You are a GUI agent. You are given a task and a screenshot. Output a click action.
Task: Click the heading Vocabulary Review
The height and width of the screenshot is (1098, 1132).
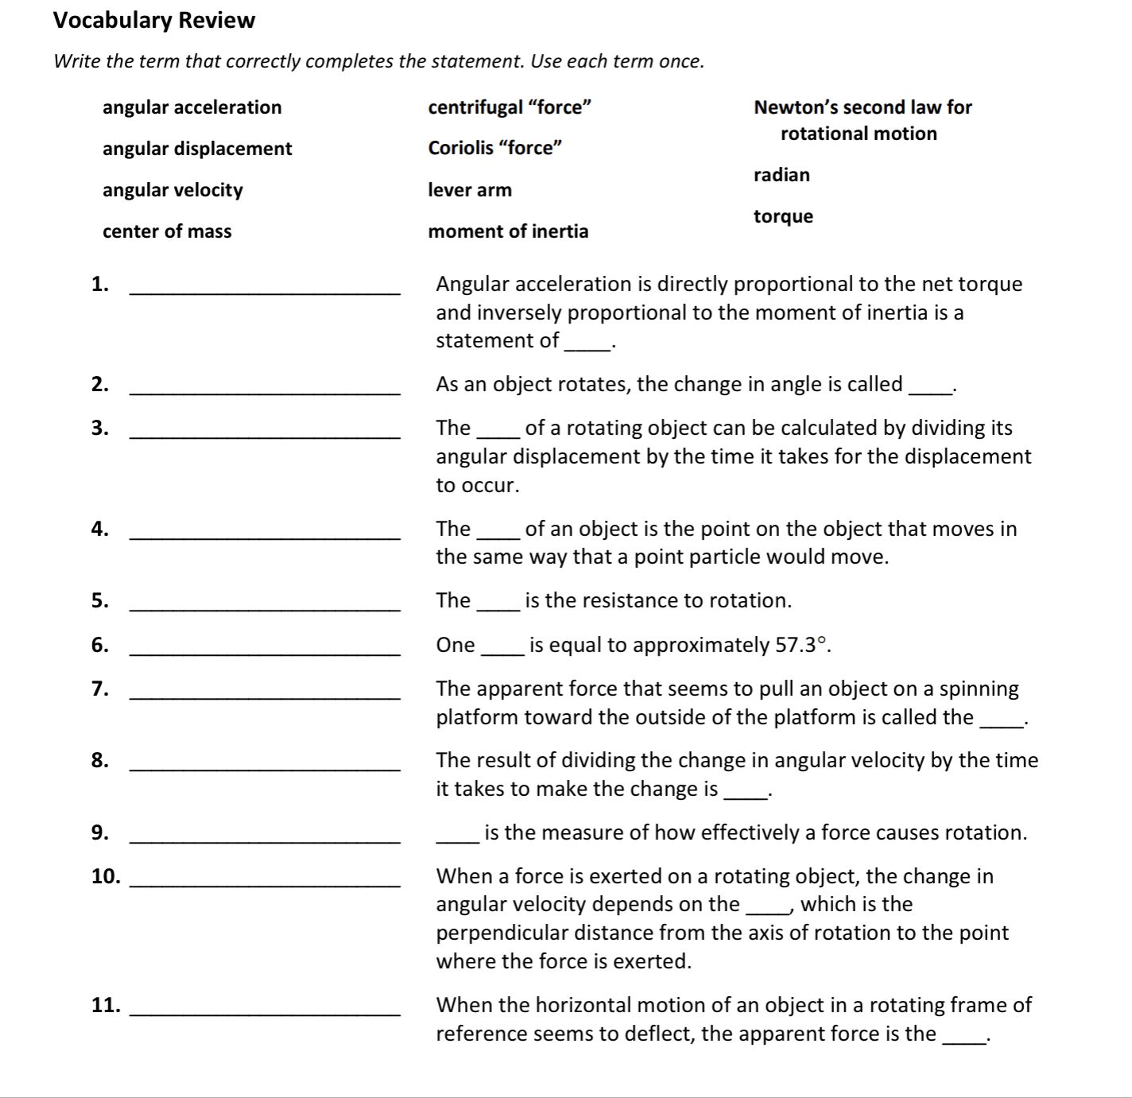click(154, 20)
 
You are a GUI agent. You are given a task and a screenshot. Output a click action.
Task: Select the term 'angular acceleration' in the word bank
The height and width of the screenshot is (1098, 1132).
click(192, 107)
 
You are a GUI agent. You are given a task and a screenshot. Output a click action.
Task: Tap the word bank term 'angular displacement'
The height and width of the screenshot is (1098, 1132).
click(197, 149)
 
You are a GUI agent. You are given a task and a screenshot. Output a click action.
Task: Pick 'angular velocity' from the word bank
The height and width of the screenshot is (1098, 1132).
click(173, 190)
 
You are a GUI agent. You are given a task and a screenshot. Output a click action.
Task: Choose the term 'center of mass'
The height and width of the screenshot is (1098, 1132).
click(167, 231)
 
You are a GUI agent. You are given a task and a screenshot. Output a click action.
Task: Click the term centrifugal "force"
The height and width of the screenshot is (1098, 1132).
click(510, 107)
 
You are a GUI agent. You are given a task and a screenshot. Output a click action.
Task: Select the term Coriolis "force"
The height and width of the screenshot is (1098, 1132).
click(494, 148)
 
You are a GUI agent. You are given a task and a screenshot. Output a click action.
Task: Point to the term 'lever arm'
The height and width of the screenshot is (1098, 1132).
click(470, 190)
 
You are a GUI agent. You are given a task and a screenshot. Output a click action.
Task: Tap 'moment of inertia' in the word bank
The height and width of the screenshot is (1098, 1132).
click(508, 231)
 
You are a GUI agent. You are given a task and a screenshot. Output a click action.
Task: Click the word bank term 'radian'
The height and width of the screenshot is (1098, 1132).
click(781, 175)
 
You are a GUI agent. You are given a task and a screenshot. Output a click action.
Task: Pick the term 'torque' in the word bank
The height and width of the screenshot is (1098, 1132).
click(783, 216)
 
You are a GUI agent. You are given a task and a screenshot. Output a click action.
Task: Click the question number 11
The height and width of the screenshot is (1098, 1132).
click(106, 1005)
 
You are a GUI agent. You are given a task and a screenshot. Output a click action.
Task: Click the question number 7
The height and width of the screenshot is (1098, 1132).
click(99, 689)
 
